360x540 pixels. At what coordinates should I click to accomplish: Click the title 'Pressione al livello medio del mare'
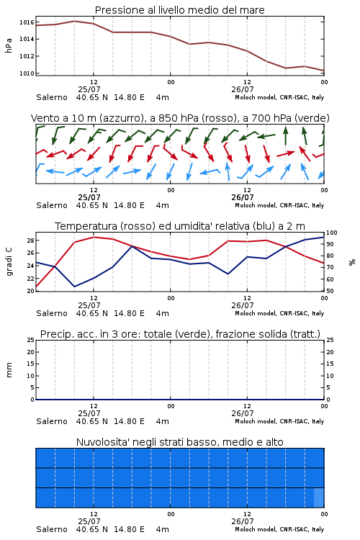[x=179, y=10]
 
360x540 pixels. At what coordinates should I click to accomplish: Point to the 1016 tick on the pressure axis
[x=27, y=22]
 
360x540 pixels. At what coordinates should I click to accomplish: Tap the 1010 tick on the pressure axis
[x=27, y=73]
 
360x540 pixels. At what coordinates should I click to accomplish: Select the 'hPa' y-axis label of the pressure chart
[x=9, y=45]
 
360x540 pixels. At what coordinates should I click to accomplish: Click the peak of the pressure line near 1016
[x=74, y=21]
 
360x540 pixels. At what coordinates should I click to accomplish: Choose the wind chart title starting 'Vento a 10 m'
[x=180, y=118]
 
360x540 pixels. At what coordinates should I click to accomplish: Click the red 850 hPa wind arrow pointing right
[x=286, y=153]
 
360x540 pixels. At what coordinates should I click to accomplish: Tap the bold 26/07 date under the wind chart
[x=243, y=197]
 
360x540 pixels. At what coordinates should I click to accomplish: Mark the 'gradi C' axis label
[x=9, y=261]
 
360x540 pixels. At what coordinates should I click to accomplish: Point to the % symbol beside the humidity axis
[x=352, y=262]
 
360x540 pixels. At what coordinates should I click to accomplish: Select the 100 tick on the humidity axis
[x=332, y=233]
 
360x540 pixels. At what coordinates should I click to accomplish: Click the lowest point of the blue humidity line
[x=74, y=287]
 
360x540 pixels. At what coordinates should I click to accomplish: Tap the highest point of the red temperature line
[x=94, y=237]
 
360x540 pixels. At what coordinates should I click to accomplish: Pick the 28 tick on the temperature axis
[x=31, y=240]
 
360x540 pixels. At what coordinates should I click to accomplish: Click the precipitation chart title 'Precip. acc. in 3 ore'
[x=180, y=334]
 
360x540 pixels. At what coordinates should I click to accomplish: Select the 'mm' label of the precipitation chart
[x=9, y=370]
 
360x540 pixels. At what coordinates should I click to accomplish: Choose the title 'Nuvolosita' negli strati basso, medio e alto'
[x=179, y=442]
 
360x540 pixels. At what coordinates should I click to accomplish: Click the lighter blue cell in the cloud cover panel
[x=319, y=498]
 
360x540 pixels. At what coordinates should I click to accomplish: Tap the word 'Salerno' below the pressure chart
[x=52, y=97]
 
